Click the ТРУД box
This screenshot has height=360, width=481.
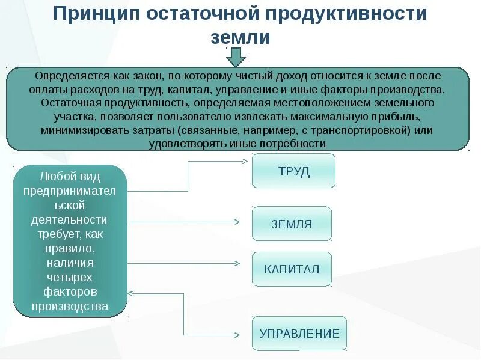[x=293, y=171]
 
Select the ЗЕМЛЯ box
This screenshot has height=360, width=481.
[x=292, y=224]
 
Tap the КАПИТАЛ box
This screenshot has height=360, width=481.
[x=292, y=269]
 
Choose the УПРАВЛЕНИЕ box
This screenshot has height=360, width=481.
[x=299, y=334]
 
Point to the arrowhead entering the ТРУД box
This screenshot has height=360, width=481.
[x=245, y=161]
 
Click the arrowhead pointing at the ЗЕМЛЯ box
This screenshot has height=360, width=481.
[x=237, y=222]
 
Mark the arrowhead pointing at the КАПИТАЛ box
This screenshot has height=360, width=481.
[x=237, y=263]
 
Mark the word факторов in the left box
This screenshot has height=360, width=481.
[x=70, y=291]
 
